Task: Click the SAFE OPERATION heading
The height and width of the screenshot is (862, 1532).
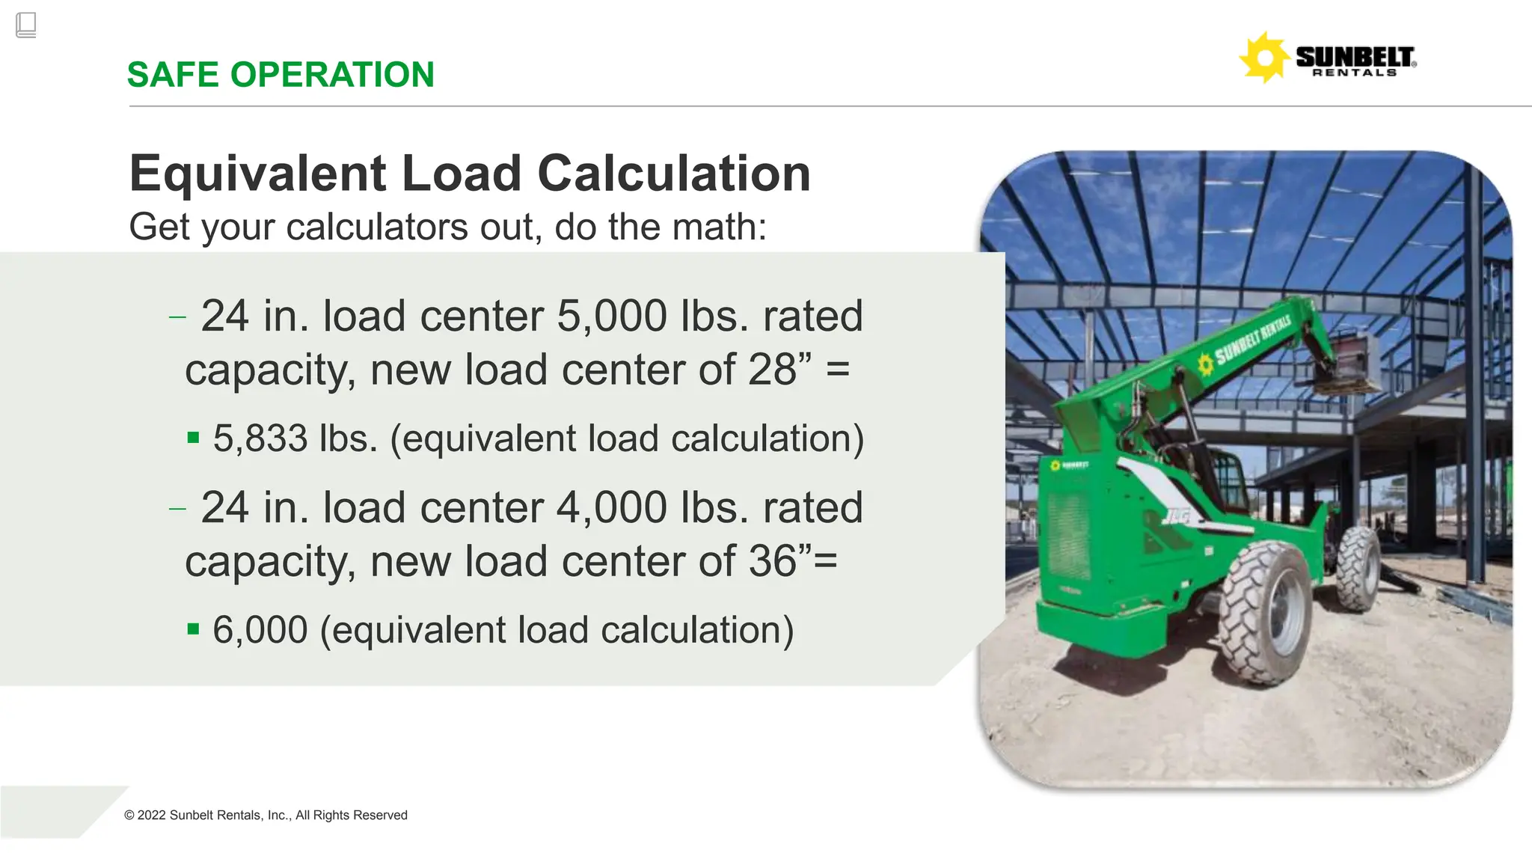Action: click(x=281, y=75)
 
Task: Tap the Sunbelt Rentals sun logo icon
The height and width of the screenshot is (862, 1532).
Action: click(x=1263, y=58)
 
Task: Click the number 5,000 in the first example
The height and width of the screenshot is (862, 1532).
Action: click(x=612, y=316)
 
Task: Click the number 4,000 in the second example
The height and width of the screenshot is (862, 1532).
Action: click(x=612, y=507)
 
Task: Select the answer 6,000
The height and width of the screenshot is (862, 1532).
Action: click(x=260, y=630)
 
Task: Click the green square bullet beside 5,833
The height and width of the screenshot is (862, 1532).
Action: click(x=194, y=438)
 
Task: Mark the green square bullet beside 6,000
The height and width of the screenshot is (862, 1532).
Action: click(x=194, y=629)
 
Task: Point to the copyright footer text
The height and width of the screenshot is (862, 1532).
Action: click(x=266, y=816)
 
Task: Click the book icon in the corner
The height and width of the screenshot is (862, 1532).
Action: click(x=25, y=25)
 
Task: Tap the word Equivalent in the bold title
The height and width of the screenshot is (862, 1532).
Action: click(x=258, y=174)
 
